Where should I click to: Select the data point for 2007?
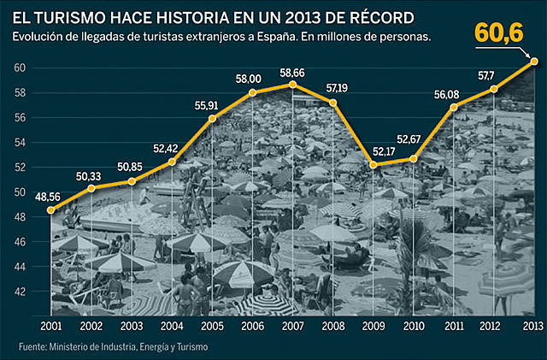point(293,84)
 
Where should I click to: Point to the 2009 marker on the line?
point(373,164)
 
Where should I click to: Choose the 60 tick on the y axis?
point(19,68)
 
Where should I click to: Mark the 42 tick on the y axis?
point(19,292)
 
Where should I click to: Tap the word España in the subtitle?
point(277,37)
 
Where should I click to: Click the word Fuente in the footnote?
point(30,347)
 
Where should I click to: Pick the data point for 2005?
point(213,118)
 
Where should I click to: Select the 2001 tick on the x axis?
point(51,326)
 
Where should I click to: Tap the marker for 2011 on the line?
point(454,107)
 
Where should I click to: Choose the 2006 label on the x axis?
point(253,326)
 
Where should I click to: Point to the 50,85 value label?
point(132,167)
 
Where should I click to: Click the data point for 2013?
point(534,61)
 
